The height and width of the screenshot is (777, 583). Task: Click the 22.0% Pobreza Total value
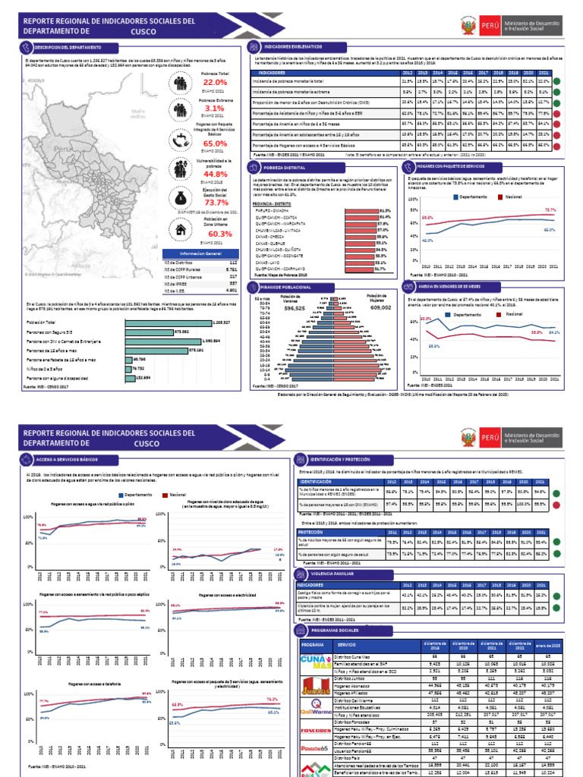coord(215,82)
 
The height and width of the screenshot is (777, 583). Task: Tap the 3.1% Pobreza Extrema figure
coord(215,109)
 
